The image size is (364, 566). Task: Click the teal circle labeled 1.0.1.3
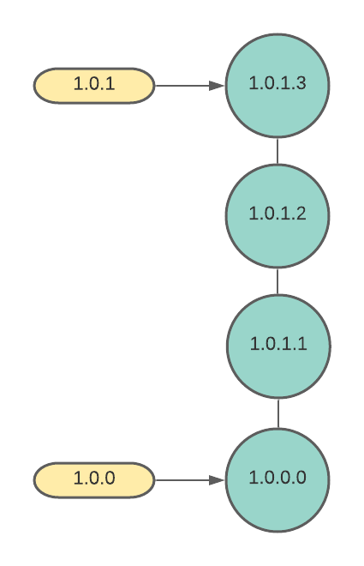pos(277,86)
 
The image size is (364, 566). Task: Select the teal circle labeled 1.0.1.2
pos(277,216)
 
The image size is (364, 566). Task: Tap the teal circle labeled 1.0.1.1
pos(278,346)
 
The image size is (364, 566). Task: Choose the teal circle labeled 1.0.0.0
pos(277,480)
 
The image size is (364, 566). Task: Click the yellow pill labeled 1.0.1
pos(94,86)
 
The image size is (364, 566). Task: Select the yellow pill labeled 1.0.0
pos(94,479)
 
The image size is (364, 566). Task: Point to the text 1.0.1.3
pos(277,83)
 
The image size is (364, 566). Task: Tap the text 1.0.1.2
pos(277,214)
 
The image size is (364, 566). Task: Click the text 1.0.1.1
pos(278,343)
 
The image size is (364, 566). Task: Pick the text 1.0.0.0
pos(277,477)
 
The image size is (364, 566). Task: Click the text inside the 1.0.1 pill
pos(94,83)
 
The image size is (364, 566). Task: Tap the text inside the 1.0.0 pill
pos(94,478)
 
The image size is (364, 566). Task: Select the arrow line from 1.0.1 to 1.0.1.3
pos(190,86)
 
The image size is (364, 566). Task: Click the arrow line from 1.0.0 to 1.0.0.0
pos(190,480)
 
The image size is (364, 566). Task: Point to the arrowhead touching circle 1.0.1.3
pos(217,86)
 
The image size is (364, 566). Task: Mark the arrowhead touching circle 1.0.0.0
pos(217,480)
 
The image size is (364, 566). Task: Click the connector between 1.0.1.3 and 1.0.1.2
pos(277,151)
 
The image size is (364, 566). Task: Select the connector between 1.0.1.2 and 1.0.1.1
pos(277,281)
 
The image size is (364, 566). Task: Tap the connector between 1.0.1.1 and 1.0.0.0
pos(278,413)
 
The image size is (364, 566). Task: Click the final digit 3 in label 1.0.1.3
pos(301,83)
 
